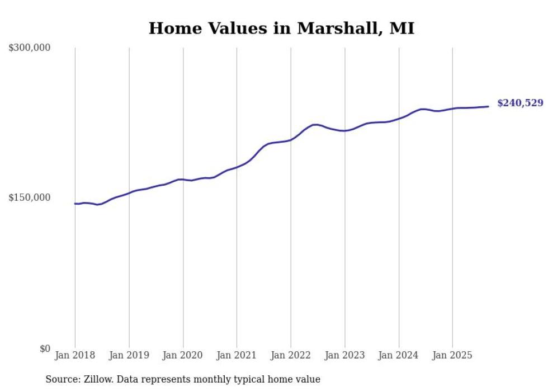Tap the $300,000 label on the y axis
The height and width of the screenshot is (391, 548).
(30, 48)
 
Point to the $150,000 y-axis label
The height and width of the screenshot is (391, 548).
(30, 197)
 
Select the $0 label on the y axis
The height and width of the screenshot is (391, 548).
(45, 348)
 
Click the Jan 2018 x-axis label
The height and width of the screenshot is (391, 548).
(75, 355)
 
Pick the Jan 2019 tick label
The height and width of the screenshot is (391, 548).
(129, 355)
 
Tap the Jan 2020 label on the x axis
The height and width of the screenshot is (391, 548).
(183, 355)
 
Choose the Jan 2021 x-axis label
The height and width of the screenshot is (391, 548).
(237, 355)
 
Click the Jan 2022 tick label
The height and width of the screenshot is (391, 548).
(291, 355)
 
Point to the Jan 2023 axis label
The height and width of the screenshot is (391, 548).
(344, 355)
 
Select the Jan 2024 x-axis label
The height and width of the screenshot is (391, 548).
(399, 355)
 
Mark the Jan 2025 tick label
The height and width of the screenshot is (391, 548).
(452, 355)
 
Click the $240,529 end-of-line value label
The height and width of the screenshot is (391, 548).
(520, 103)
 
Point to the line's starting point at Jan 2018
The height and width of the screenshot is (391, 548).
(75, 204)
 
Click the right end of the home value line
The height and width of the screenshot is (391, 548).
(488, 106)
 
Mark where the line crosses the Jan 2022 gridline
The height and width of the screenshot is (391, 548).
(291, 139)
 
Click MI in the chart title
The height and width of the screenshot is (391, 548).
(402, 29)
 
